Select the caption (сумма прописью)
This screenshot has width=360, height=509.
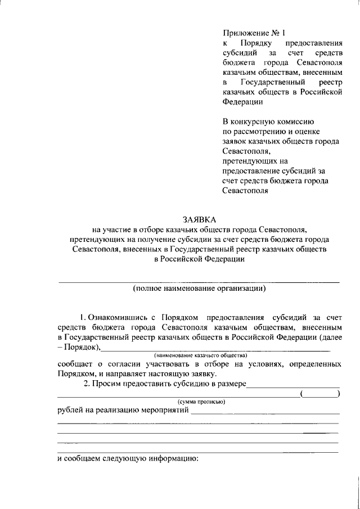(x=201, y=402)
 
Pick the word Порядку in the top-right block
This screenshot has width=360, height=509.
(x=256, y=43)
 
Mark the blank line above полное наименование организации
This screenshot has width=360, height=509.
(x=199, y=281)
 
